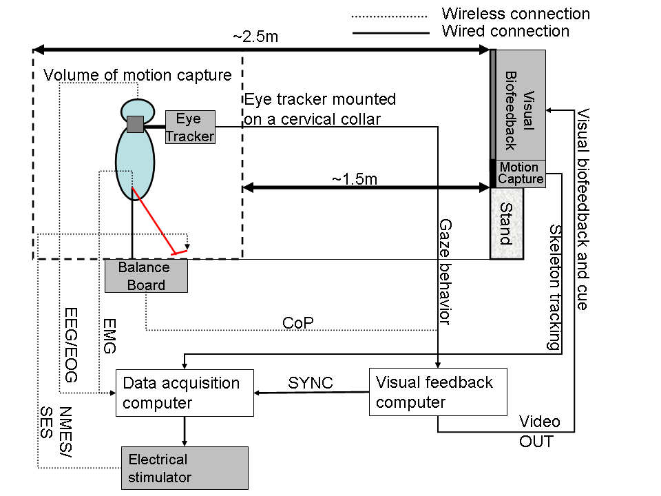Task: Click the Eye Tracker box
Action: pyautogui.click(x=190, y=127)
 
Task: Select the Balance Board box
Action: pyautogui.click(x=146, y=276)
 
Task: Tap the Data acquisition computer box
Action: pyautogui.click(x=185, y=393)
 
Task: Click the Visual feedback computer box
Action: pyautogui.click(x=438, y=392)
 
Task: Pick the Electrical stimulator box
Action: pyautogui.click(x=185, y=467)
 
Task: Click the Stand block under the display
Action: pyautogui.click(x=507, y=224)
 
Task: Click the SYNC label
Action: pyautogui.click(x=311, y=383)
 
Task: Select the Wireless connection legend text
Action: pyautogui.click(x=516, y=14)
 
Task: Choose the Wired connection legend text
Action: pyautogui.click(x=505, y=31)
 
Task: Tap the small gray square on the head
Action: pyautogui.click(x=135, y=125)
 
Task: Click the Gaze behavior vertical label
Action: pyautogui.click(x=445, y=272)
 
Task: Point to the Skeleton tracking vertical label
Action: pyautogui.click(x=555, y=287)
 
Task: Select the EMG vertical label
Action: pyautogui.click(x=109, y=336)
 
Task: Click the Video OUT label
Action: pyautogui.click(x=539, y=431)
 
